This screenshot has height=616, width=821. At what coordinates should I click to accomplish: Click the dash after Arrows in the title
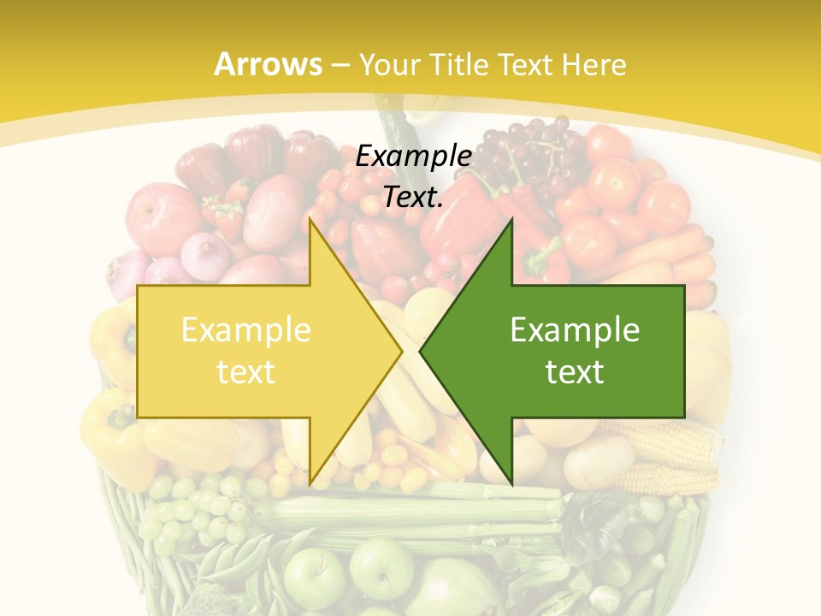[x=340, y=66]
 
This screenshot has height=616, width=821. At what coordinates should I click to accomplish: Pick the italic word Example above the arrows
[x=413, y=156]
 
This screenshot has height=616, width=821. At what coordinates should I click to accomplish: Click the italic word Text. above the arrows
[x=413, y=198]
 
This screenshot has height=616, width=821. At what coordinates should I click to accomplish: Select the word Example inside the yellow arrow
[x=245, y=330]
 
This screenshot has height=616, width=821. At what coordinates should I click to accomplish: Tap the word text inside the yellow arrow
[x=245, y=371]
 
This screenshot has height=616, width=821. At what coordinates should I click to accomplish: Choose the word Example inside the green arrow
[x=575, y=330]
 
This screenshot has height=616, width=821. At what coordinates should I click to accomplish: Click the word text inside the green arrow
[x=575, y=371]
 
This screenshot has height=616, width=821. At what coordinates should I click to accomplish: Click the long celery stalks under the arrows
[x=410, y=513]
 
